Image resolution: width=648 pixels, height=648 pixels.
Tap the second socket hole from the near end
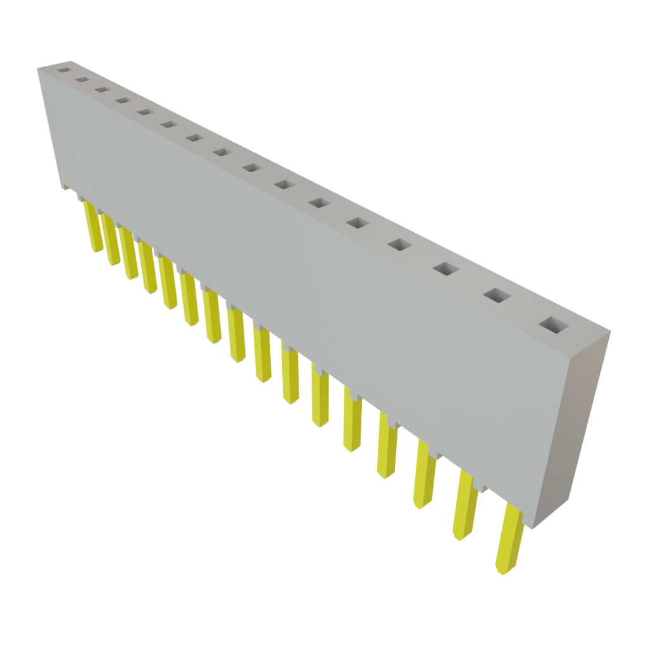(497, 296)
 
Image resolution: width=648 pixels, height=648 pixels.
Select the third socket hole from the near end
(445, 270)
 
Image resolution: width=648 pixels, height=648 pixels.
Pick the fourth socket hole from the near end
(400, 245)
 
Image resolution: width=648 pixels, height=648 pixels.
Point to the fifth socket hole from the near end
(358, 223)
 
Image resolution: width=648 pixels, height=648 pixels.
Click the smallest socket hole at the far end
(63, 70)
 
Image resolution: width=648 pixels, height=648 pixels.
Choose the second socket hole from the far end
(82, 80)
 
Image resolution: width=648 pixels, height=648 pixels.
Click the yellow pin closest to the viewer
(509, 538)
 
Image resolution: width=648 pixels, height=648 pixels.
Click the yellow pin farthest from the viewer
(92, 228)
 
